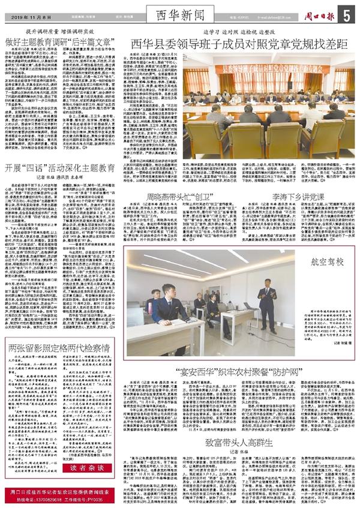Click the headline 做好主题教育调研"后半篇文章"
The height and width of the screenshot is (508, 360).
[60, 43]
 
